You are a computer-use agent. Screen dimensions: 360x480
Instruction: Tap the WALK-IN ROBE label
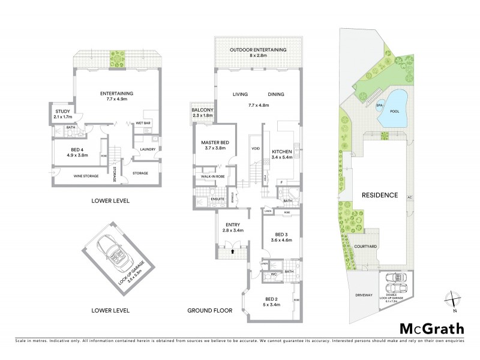213,177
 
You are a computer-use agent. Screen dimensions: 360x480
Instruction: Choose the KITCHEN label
281,151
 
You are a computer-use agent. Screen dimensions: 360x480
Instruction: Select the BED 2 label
271,298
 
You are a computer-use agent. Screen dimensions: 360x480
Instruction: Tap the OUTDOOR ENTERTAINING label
259,49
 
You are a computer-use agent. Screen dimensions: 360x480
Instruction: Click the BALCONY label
203,110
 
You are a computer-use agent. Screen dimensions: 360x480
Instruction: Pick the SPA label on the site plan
379,106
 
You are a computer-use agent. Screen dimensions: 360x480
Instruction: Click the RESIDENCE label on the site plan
380,195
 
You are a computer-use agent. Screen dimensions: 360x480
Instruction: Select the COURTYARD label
382,245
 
